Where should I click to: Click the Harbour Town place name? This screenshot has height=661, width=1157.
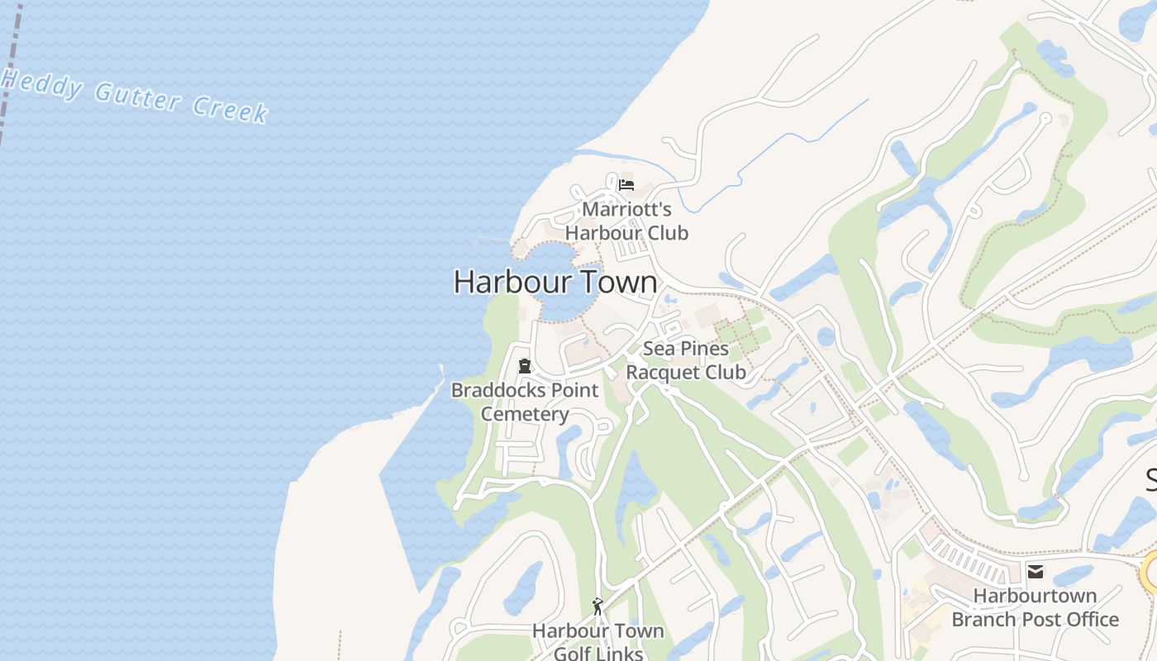[x=555, y=283]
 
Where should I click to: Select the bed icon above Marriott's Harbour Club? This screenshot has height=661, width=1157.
[x=626, y=185]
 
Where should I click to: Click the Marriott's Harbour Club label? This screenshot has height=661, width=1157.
[x=626, y=221]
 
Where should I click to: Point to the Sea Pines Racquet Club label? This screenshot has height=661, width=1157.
[x=685, y=360]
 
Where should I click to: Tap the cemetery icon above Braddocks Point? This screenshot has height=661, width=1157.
[x=524, y=366]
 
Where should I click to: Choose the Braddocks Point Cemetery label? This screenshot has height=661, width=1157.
[x=525, y=402]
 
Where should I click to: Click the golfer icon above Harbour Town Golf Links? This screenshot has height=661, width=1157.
[x=598, y=606]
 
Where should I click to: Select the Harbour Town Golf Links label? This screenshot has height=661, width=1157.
[x=598, y=642]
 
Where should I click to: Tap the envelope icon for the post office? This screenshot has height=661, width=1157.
[x=1035, y=571]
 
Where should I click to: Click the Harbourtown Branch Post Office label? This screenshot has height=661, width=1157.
[x=1035, y=607]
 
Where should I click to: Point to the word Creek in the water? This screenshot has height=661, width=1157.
[x=231, y=109]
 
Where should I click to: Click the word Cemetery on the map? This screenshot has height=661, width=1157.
[x=525, y=414]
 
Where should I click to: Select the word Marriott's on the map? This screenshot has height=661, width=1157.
[x=626, y=209]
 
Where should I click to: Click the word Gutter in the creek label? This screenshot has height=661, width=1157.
[x=138, y=97]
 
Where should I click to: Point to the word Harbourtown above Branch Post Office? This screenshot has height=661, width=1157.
[x=1035, y=596]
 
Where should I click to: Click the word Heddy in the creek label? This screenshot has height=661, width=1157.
[x=41, y=83]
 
